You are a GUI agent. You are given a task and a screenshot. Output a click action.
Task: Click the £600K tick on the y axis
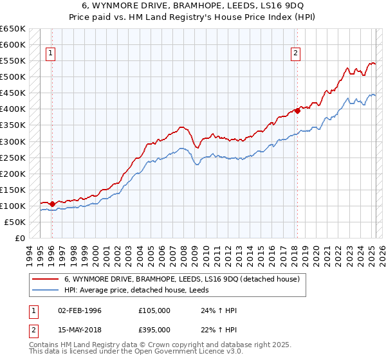(x=13, y=44)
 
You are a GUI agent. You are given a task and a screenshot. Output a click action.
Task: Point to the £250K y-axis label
(x=13, y=157)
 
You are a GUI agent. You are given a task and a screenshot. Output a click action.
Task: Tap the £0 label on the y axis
(x=20, y=238)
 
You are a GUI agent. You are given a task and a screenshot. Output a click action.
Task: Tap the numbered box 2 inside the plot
(x=295, y=54)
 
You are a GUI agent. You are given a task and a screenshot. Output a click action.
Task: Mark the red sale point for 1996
(x=51, y=204)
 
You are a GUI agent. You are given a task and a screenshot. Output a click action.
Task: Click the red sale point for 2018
(x=297, y=111)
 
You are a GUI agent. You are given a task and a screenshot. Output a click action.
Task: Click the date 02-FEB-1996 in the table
(x=79, y=310)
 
